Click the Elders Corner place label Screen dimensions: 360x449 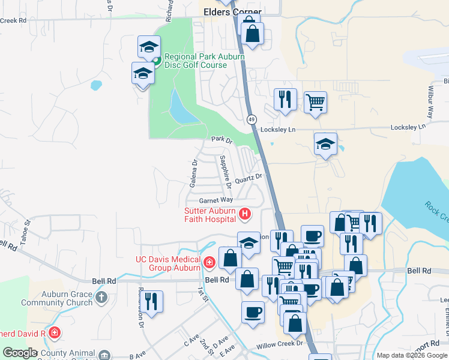point(233,12)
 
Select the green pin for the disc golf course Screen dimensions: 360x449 point(155,60)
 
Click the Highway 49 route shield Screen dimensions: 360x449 point(251,119)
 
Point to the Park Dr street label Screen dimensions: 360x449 point(221,139)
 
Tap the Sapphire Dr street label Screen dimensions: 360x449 point(225,169)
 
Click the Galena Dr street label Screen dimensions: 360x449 point(194,173)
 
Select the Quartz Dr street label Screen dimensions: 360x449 point(249,178)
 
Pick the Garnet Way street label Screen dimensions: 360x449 point(215,200)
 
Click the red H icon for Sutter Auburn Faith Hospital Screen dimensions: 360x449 point(244,213)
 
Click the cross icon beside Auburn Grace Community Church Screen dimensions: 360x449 point(101,296)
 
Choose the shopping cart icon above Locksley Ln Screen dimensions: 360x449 point(315,101)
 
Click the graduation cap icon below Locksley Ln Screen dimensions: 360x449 point(325,143)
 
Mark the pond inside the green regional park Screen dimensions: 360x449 point(179,108)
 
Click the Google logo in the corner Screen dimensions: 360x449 point(20,353)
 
